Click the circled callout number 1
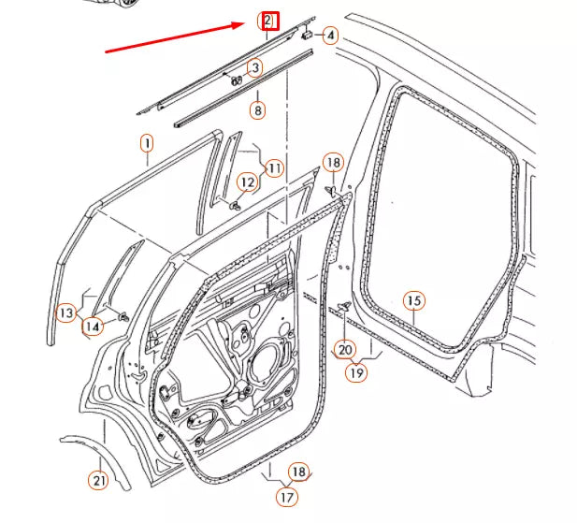[147, 143]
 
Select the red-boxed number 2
[268, 20]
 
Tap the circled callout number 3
[253, 67]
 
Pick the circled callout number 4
[330, 36]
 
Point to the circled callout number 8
[257, 109]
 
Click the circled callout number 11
[273, 168]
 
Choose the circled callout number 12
[246, 182]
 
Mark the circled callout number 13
[65, 312]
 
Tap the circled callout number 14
[92, 327]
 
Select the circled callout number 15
[414, 300]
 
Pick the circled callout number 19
[356, 371]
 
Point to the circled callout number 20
[345, 350]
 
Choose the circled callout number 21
[98, 481]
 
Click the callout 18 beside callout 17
[298, 472]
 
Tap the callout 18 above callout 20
[334, 162]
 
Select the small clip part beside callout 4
[306, 33]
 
